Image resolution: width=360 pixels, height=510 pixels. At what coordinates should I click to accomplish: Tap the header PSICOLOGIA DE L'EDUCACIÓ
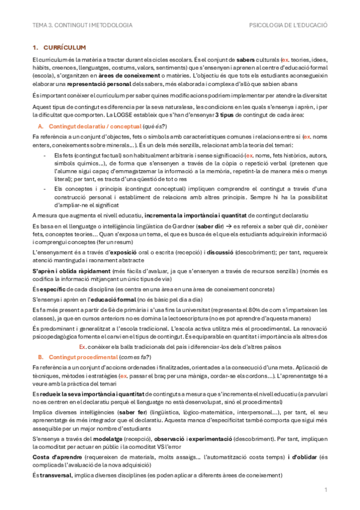[288, 26]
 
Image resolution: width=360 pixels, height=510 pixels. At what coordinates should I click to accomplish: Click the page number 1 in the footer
[325, 490]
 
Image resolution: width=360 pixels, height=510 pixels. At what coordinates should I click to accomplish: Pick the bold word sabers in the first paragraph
[246, 61]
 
